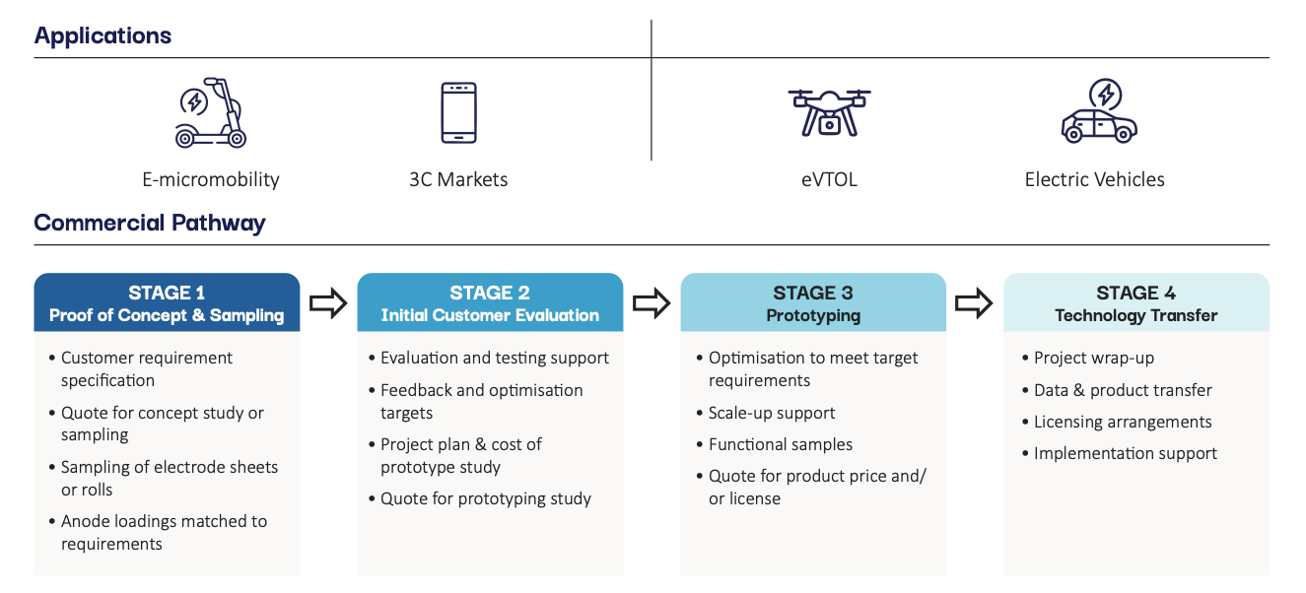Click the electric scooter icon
(211, 113)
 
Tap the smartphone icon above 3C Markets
(459, 113)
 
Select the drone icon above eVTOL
(829, 113)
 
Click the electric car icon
(1099, 111)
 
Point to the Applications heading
(103, 35)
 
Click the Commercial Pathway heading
(150, 223)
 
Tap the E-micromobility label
(211, 179)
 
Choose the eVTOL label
(829, 179)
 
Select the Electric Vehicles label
(1094, 179)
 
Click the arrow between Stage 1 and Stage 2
(328, 303)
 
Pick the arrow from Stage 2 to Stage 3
(652, 303)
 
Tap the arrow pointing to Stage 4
(974, 303)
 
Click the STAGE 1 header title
(167, 293)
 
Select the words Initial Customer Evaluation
(490, 315)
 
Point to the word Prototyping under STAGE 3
(813, 315)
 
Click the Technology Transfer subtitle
(1135, 315)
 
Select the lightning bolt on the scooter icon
(194, 101)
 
